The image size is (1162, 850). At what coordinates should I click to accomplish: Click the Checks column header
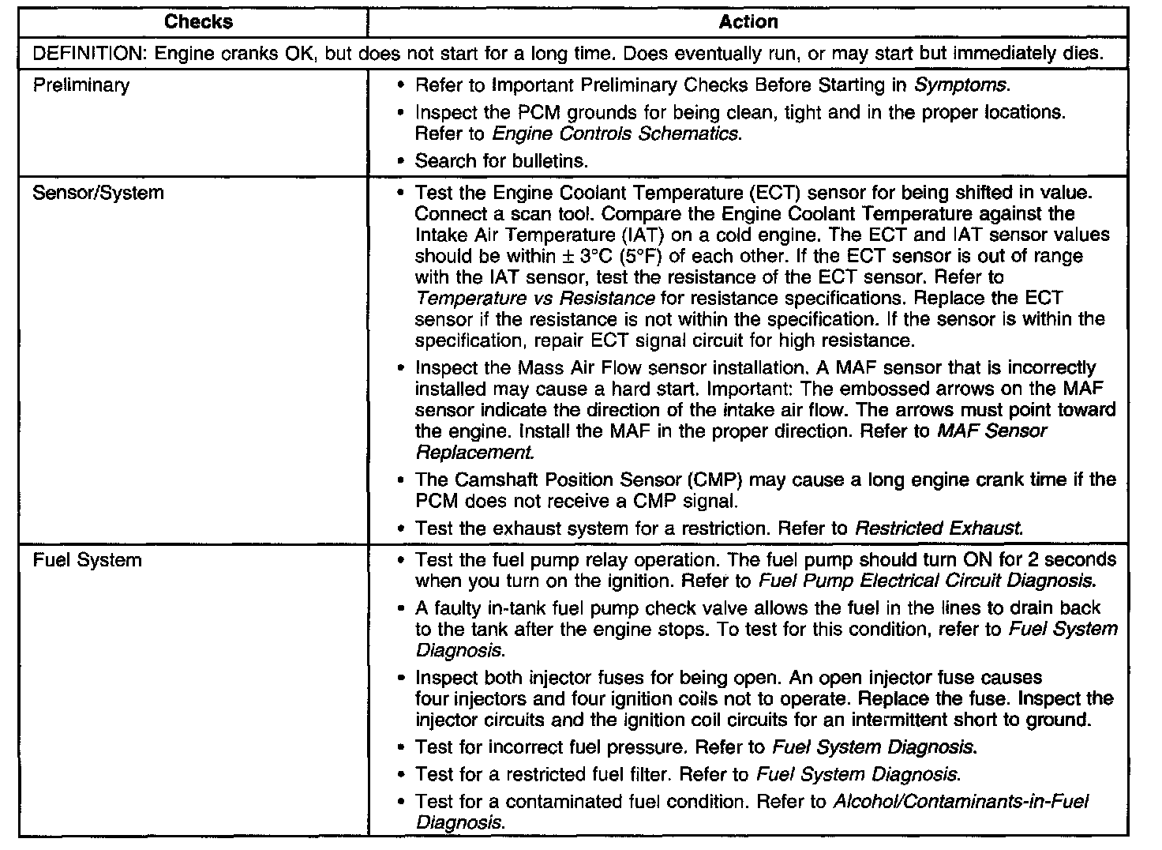click(198, 22)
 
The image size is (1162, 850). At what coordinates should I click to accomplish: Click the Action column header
click(748, 22)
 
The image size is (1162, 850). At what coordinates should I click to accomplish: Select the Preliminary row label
click(81, 85)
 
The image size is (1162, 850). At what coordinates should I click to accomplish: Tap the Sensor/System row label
click(98, 193)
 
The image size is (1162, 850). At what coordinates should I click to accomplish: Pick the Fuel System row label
click(87, 561)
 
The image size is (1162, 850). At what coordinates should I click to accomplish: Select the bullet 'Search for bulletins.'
click(501, 161)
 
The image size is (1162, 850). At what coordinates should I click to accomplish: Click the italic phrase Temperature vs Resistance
click(534, 299)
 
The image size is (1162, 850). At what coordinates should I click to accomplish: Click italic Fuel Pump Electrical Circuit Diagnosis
click(927, 582)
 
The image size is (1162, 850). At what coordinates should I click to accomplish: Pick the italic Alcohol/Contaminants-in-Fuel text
click(961, 802)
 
